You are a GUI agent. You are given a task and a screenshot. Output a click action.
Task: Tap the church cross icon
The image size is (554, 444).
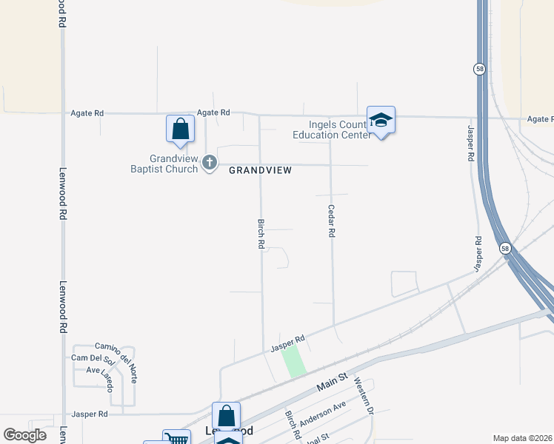210,162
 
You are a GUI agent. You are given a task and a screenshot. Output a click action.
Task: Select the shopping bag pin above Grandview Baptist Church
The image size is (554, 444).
180,129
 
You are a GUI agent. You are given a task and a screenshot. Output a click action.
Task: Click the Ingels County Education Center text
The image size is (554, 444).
330,129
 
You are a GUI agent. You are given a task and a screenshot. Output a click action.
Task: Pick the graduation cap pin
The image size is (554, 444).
381,121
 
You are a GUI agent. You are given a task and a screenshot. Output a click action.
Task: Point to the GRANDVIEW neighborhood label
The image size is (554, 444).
260,170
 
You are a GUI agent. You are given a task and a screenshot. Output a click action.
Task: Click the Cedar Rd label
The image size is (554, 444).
332,221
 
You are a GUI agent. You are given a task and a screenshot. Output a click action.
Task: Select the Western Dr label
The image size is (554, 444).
362,395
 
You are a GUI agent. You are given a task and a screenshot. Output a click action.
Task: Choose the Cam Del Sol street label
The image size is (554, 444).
93,359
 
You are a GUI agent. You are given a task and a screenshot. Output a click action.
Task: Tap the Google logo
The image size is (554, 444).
25,435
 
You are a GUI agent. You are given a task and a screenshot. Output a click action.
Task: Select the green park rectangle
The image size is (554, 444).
294,362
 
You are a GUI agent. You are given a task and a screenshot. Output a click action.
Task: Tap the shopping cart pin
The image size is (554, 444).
177,439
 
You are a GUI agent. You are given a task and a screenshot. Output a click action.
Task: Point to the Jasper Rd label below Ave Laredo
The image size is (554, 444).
89,414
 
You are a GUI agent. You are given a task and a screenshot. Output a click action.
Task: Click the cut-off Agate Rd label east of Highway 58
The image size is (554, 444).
540,119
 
